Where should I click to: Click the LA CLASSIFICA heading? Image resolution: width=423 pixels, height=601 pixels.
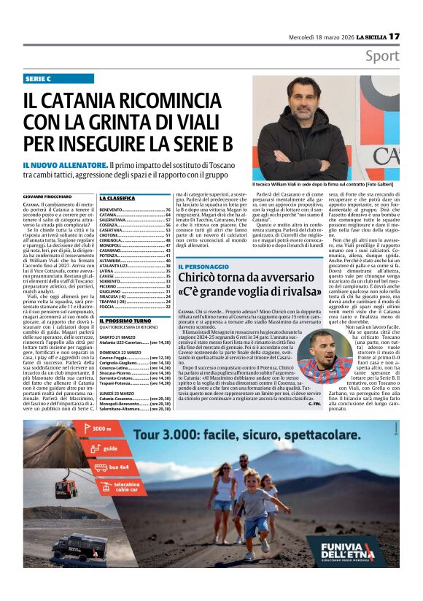coord(117,198)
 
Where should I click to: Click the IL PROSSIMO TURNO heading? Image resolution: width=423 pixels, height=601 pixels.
coord(125,321)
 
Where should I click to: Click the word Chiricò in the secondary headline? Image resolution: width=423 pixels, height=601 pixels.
coord(205,281)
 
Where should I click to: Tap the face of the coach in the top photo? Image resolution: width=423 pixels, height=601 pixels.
coord(298,103)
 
